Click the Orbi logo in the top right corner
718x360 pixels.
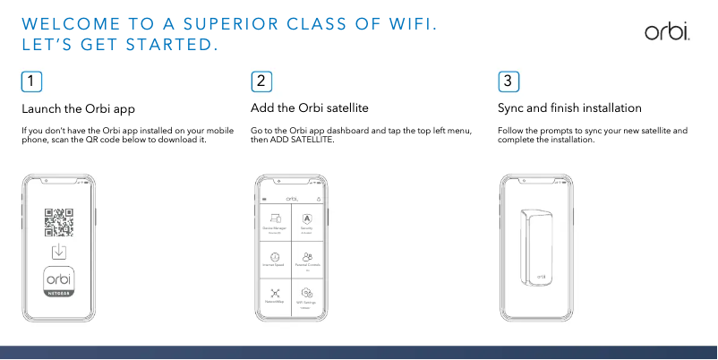click(668, 32)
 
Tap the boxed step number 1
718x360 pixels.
click(31, 81)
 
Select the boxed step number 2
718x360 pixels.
click(261, 81)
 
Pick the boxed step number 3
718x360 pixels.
click(508, 81)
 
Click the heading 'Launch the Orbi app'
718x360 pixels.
click(78, 108)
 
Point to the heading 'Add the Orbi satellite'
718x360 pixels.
click(310, 108)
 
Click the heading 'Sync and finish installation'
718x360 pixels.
click(569, 108)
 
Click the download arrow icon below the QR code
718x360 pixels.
click(59, 251)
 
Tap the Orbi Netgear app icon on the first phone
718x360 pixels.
click(59, 281)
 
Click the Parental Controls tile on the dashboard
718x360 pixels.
click(307, 260)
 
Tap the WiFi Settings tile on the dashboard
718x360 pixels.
click(307, 296)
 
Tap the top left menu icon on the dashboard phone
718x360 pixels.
click(264, 199)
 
